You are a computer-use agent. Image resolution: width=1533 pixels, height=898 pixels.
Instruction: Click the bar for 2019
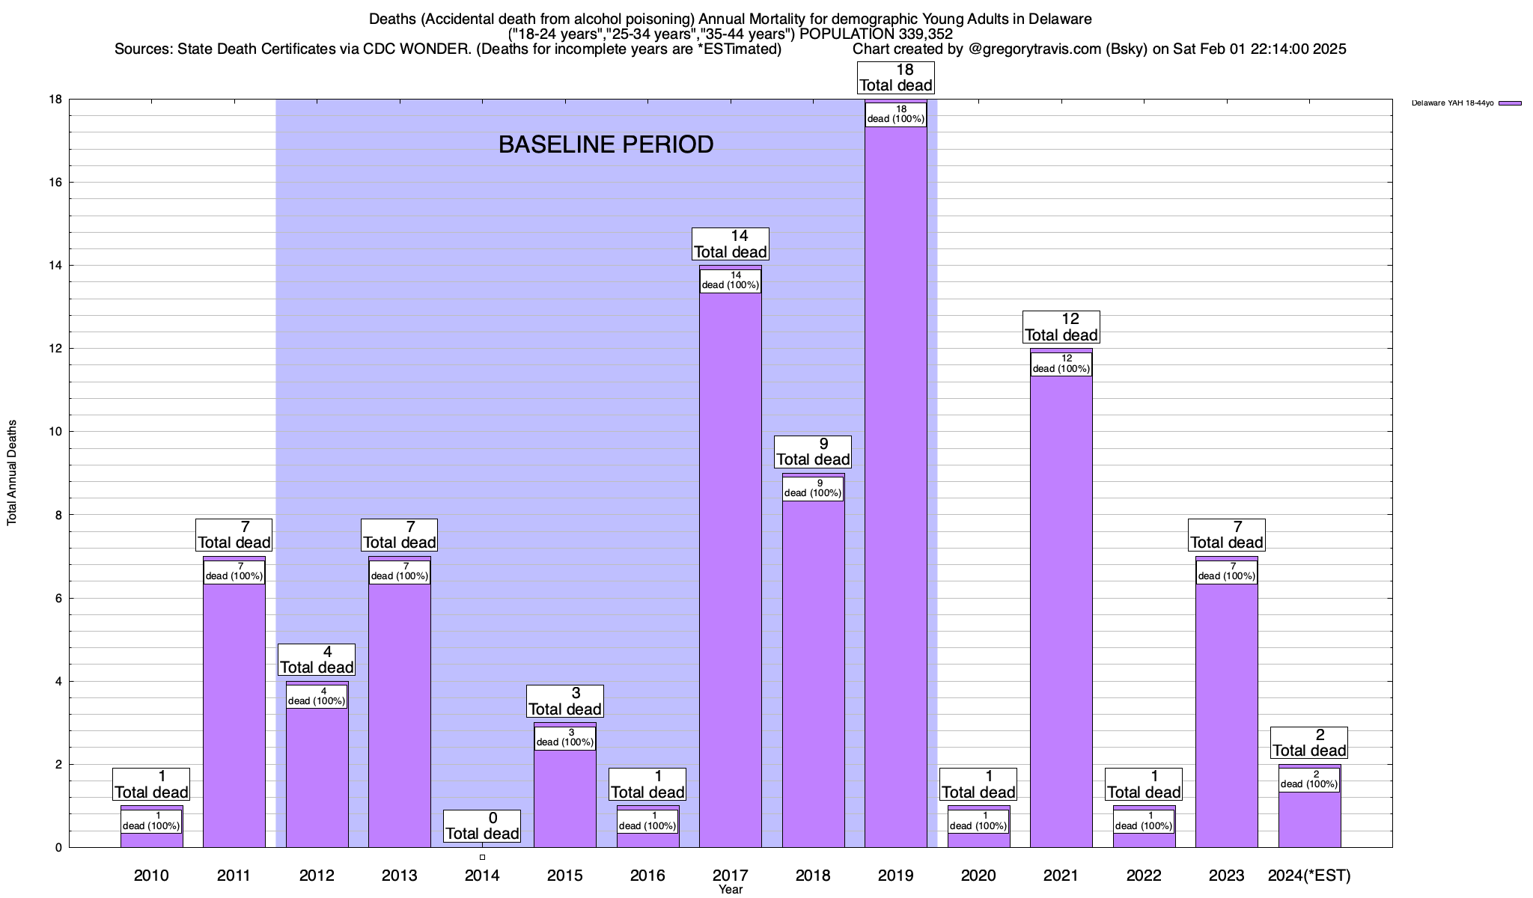(x=895, y=486)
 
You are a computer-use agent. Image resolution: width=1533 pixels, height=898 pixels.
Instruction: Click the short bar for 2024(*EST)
(x=1309, y=819)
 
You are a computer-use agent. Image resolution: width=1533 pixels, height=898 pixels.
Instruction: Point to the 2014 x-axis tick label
(x=482, y=876)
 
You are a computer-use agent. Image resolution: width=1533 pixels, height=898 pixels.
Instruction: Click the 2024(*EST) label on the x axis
(x=1309, y=876)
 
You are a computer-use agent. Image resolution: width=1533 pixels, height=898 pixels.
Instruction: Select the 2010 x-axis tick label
(x=151, y=876)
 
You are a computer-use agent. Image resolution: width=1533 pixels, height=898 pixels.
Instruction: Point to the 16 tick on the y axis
(x=56, y=183)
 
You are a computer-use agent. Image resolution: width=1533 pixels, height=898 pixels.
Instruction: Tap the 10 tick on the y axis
(x=56, y=432)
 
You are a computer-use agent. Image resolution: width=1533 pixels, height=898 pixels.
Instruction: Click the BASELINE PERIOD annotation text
(x=606, y=144)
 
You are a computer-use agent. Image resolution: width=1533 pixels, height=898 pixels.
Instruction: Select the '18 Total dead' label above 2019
(x=895, y=78)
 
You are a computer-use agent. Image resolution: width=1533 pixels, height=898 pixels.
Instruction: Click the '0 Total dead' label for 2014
(x=482, y=826)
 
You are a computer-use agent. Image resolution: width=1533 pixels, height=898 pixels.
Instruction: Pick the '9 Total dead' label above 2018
(x=813, y=452)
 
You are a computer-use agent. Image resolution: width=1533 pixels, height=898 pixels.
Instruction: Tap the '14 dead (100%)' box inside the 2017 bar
(x=730, y=281)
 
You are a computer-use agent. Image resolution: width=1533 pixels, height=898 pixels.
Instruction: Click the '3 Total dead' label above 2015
(x=565, y=701)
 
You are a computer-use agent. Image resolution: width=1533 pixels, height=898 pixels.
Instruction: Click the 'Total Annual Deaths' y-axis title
(x=12, y=473)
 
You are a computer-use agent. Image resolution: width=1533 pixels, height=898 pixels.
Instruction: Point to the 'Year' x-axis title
(x=730, y=890)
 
